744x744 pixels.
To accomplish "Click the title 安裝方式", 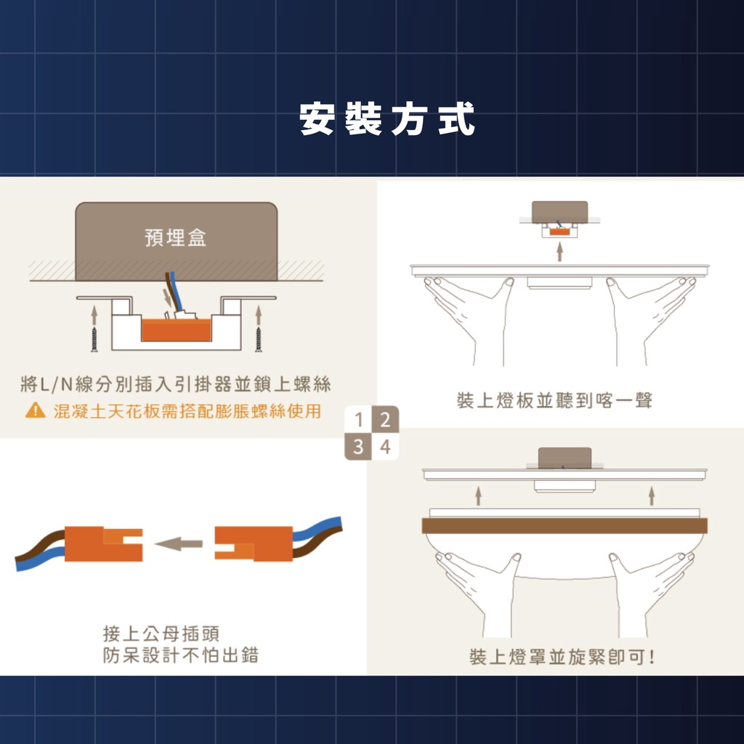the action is tap(387, 118).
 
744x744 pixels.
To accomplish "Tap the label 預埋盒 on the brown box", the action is tap(176, 238).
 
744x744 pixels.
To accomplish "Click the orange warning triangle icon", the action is tap(35, 411).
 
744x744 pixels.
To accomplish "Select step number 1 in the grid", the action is tap(358, 419).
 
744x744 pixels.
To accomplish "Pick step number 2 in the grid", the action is tap(385, 419).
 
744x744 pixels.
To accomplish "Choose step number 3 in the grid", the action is tap(358, 447).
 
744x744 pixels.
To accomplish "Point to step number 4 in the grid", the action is tap(385, 447).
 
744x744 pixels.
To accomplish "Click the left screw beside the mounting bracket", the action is tap(94, 339).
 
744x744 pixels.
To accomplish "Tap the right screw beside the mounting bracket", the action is tap(258, 339).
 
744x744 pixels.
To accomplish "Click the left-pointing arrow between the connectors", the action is tap(179, 543).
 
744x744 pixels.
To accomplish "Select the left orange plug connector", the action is tap(103, 543).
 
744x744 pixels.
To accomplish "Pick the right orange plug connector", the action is tap(254, 543).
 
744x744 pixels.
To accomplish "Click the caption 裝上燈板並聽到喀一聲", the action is tap(554, 401).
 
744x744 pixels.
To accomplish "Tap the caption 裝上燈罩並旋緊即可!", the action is tap(562, 657).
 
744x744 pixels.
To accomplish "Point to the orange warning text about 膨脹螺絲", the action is tap(187, 411).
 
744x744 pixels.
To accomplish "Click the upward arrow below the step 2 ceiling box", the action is tap(559, 251).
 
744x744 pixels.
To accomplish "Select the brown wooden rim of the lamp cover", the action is tap(564, 526).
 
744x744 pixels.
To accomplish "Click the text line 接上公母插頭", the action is tap(161, 634).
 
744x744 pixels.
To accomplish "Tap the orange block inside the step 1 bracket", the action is tap(176, 330).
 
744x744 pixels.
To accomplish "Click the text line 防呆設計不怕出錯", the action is tap(181, 655).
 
